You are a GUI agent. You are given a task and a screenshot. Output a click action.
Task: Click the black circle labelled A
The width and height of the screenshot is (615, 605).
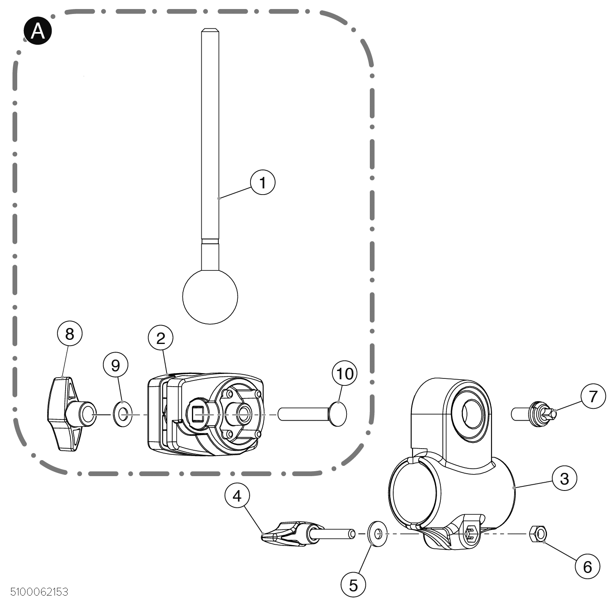38,31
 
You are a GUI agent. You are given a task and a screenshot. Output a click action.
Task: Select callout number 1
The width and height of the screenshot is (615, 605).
262,183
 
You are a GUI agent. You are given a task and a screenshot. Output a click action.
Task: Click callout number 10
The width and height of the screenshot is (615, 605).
344,374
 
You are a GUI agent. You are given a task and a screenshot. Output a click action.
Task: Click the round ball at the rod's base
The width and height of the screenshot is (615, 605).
210,296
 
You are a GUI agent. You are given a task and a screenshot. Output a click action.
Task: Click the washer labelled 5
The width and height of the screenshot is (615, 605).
378,534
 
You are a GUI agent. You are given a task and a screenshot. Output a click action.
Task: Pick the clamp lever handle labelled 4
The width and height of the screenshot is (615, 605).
287,534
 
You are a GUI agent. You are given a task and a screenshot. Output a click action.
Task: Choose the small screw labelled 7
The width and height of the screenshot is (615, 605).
535,414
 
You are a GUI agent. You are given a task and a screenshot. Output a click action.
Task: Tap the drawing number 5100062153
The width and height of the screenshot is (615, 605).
39,592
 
